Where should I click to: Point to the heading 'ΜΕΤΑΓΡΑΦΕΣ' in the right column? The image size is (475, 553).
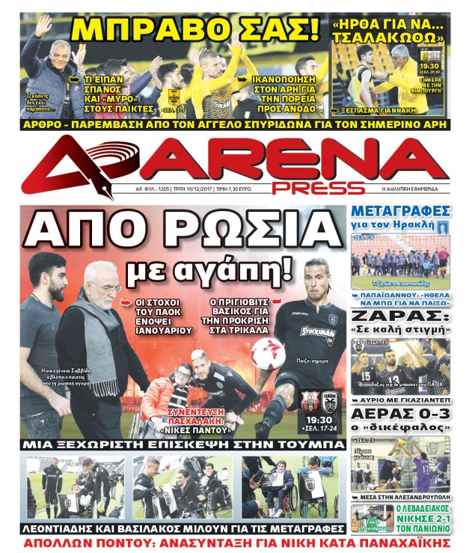[402, 210]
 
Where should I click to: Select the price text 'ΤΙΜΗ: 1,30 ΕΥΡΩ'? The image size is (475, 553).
[234, 190]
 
